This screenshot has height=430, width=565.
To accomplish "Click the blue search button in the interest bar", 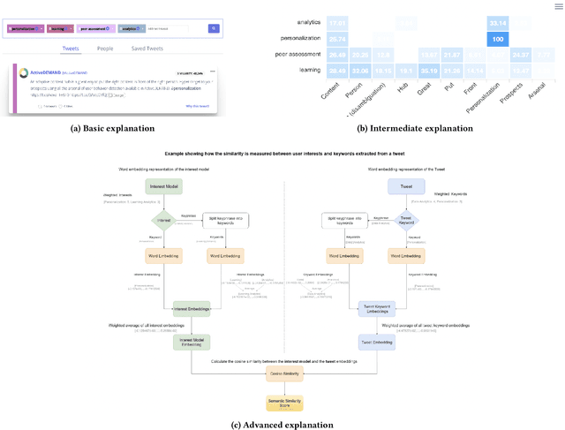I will tap(214, 29).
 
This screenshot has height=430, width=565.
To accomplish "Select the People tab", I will tap(105, 49).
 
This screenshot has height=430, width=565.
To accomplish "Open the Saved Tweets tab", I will tap(147, 49).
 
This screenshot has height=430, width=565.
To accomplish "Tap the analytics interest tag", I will tap(132, 29).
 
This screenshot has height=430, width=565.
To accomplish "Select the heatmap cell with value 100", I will tap(498, 39).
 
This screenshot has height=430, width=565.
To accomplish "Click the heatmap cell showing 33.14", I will tap(498, 23).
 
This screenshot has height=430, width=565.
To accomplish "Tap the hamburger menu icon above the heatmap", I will tap(557, 6).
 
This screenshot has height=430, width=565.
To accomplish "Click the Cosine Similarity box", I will tap(284, 373).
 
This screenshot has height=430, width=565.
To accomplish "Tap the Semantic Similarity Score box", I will tap(283, 404).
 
